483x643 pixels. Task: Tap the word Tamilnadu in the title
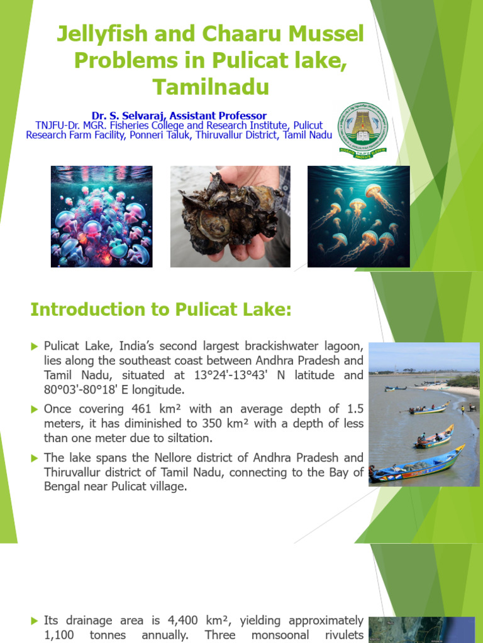click(x=209, y=86)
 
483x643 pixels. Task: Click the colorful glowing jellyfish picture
click(x=101, y=216)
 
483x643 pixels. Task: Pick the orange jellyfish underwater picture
click(x=358, y=216)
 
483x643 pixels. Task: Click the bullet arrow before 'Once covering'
click(x=35, y=409)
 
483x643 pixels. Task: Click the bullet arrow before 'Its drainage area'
click(x=35, y=620)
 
